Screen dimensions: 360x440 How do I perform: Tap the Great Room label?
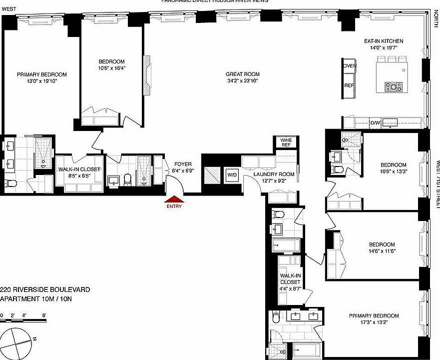(x=243, y=77)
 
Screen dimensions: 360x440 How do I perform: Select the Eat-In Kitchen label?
(x=384, y=44)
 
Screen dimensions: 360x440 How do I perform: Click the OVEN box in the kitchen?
(x=349, y=66)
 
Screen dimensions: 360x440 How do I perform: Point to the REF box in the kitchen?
(x=349, y=85)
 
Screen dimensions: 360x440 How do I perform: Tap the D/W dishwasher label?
(x=375, y=123)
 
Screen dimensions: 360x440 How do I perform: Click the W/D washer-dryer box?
(x=232, y=175)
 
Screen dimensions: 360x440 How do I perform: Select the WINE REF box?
(x=286, y=142)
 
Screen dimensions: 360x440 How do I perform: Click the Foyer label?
(x=182, y=167)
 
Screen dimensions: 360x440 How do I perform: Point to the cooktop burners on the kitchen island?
(x=394, y=87)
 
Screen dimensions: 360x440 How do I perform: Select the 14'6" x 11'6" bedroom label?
(x=381, y=247)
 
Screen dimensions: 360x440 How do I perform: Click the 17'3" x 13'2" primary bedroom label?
(x=374, y=319)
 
